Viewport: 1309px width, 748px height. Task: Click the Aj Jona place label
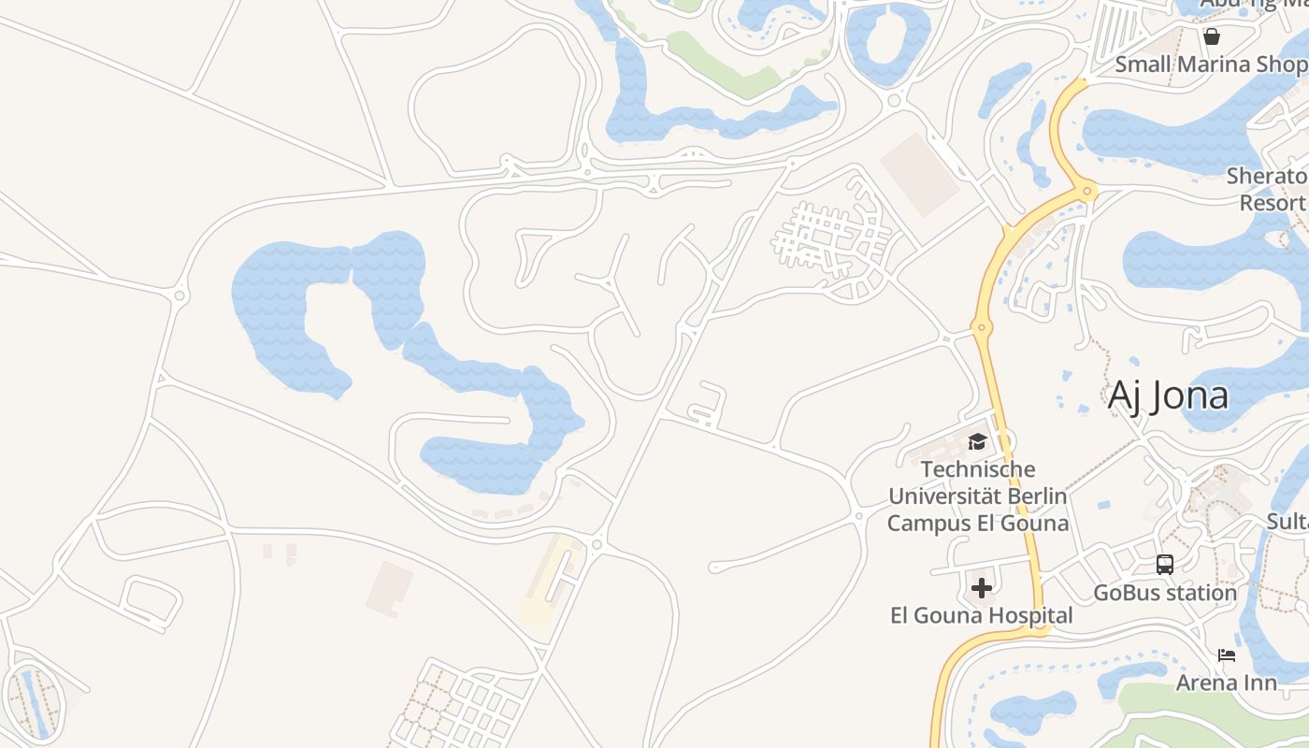tap(1168, 396)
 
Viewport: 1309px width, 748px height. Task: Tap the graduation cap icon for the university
tap(977, 441)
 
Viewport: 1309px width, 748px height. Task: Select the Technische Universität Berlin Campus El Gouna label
tap(977, 496)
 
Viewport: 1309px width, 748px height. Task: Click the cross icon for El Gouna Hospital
tap(982, 588)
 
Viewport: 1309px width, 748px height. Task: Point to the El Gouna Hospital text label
tap(981, 615)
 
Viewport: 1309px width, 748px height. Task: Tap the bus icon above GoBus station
tap(1165, 565)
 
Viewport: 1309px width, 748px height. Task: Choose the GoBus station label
tap(1165, 593)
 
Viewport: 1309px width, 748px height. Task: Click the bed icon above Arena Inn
tap(1227, 655)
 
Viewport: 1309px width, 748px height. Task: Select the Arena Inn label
tap(1226, 683)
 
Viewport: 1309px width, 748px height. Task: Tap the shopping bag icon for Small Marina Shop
tap(1212, 36)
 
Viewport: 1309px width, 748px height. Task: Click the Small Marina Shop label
tap(1211, 65)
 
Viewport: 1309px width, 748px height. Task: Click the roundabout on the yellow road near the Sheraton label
tap(1086, 192)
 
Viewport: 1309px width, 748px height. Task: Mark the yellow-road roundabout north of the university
tap(981, 327)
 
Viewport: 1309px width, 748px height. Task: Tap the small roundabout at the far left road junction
tap(180, 296)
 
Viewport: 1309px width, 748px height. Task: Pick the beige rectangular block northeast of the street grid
tap(920, 173)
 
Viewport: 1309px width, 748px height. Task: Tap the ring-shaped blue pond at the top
tap(888, 44)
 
